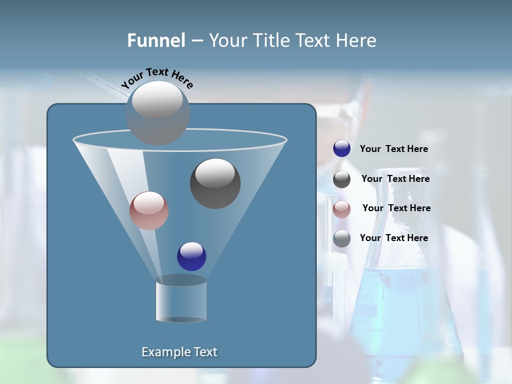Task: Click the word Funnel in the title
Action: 156,41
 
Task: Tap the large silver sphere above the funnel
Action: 158,113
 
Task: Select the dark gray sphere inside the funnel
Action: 215,183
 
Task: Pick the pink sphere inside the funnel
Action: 149,211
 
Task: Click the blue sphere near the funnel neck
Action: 191,257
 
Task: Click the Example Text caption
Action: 179,352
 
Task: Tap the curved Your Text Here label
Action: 157,78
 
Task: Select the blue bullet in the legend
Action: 342,149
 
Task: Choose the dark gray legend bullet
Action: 342,179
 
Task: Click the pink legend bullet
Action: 342,209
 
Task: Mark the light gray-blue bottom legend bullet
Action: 342,238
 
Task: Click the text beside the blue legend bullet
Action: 394,149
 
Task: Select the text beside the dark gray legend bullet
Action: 395,179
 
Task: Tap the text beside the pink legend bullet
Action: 396,209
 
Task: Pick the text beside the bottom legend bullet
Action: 394,238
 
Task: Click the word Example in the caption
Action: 162,352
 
